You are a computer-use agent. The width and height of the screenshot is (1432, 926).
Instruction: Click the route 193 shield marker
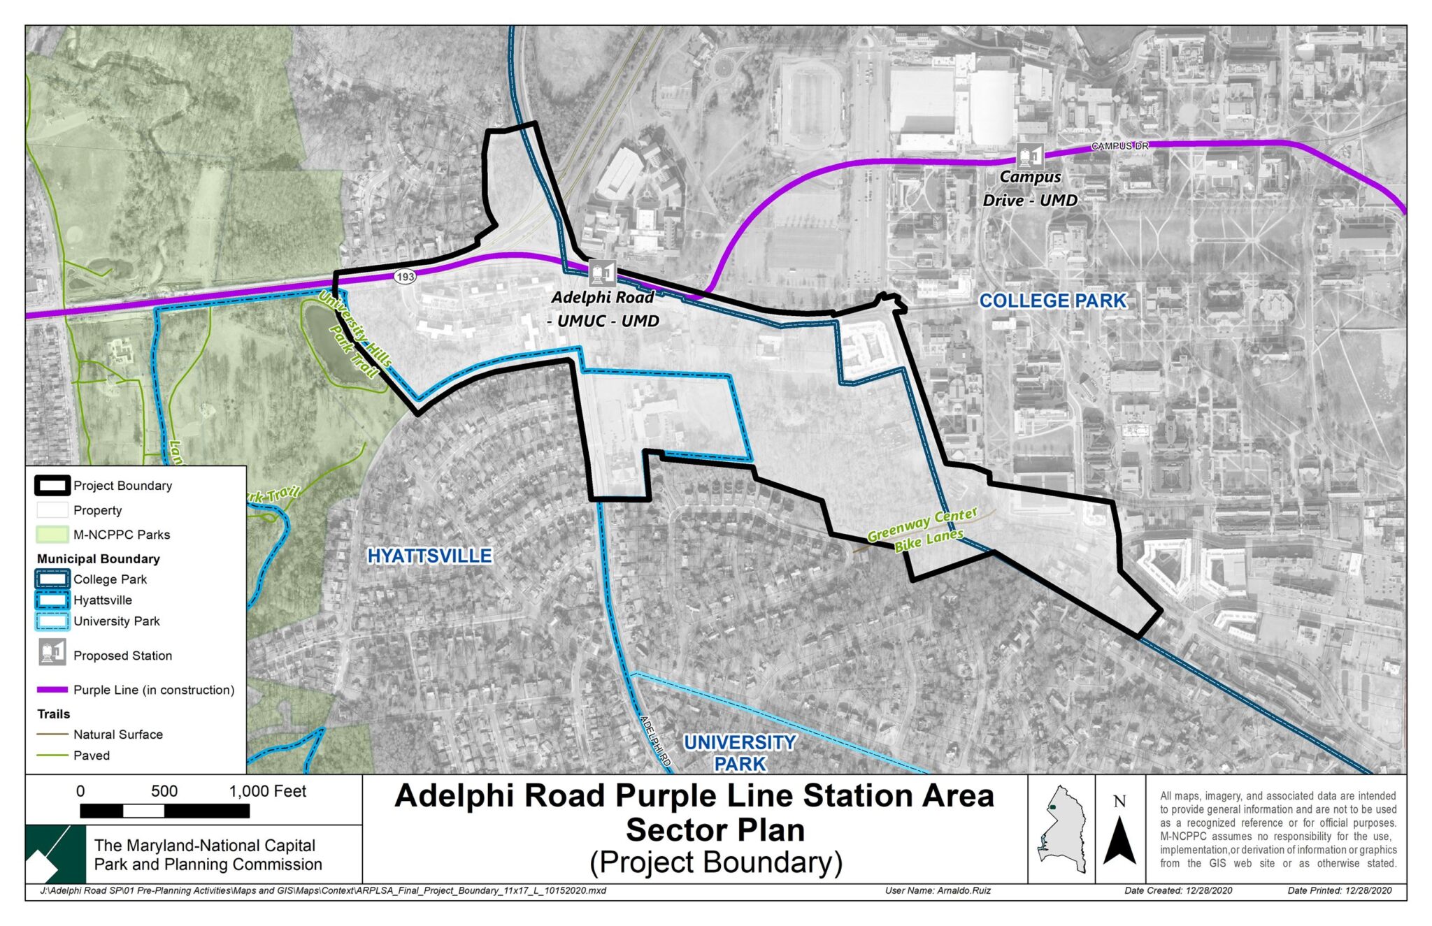[x=406, y=277]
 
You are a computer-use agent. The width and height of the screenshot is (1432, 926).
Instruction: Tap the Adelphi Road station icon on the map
[x=601, y=273]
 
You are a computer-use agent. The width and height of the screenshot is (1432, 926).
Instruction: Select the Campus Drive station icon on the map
[x=1029, y=156]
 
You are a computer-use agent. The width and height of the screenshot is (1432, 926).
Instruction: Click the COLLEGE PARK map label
[x=1052, y=301]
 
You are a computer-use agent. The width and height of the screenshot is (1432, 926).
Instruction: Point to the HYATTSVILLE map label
[x=430, y=556]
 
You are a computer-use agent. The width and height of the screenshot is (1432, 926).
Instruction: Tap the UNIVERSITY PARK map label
[x=740, y=753]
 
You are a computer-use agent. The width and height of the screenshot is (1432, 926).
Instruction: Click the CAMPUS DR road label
[x=1119, y=146]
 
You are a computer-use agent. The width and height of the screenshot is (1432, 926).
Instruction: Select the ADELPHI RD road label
[x=656, y=741]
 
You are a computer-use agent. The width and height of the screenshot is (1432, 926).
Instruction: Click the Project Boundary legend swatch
[x=52, y=486]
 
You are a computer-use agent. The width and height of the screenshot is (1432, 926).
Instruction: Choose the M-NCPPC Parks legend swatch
[x=52, y=535]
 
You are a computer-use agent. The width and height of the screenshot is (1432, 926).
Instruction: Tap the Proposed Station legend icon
[x=52, y=653]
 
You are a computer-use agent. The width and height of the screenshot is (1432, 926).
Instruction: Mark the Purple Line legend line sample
[x=52, y=690]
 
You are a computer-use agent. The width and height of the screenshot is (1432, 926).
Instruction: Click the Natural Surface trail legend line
[x=52, y=735]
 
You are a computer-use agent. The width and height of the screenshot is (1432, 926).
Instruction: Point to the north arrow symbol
[x=1119, y=839]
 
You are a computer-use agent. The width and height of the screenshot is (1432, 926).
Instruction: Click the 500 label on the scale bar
[x=164, y=791]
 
